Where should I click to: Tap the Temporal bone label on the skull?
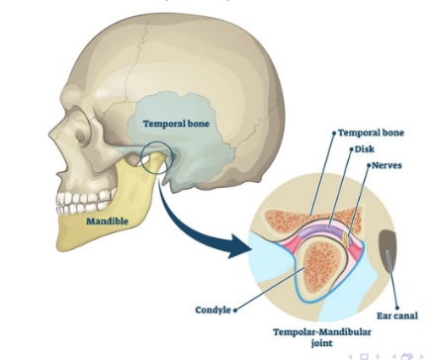click(175, 124)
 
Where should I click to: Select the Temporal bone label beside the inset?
click(373, 133)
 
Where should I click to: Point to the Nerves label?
click(386, 165)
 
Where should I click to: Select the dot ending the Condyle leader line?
click(236, 310)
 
